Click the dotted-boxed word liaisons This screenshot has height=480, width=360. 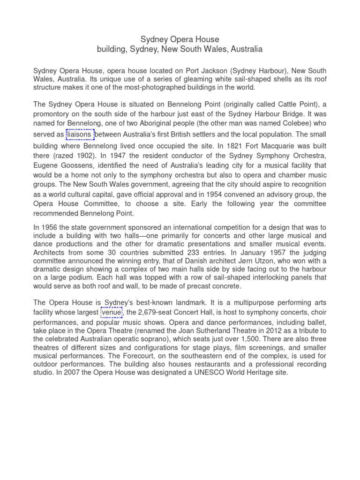[x=80, y=135]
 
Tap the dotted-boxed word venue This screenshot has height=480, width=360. [x=111, y=313]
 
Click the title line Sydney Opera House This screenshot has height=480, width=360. [x=180, y=39]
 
